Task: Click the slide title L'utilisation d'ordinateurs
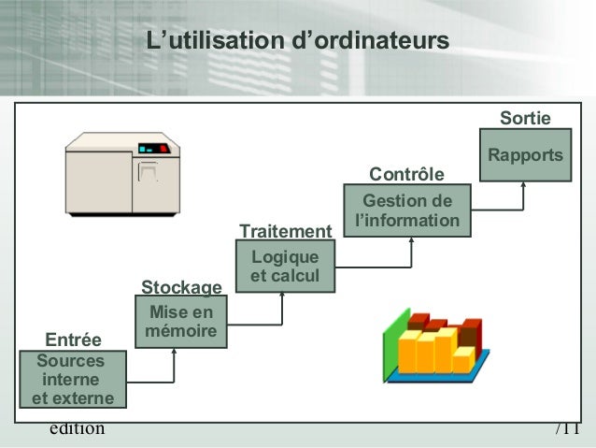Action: click(297, 42)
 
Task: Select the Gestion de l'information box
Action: click(406, 211)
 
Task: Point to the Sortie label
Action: click(525, 119)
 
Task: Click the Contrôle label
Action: click(406, 175)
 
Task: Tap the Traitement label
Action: click(286, 231)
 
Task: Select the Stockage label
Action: click(181, 286)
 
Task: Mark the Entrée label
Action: click(74, 338)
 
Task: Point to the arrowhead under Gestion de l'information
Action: click(410, 240)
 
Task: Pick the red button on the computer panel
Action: click(164, 148)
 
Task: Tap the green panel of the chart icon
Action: click(391, 342)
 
